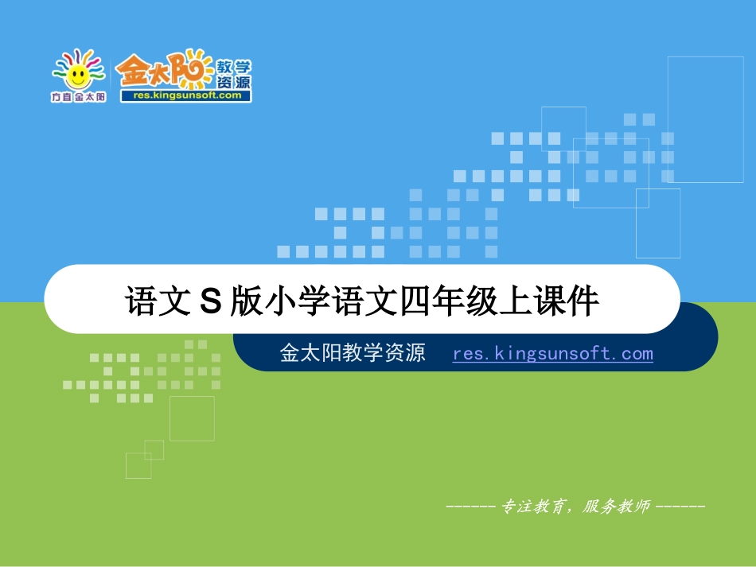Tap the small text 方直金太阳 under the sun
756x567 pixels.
click(78, 97)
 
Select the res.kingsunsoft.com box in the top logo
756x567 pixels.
click(186, 95)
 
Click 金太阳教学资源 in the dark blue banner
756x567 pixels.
click(353, 354)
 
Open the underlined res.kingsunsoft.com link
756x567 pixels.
click(552, 354)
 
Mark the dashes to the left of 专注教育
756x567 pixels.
click(471, 507)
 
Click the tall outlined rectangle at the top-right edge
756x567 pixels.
click(694, 119)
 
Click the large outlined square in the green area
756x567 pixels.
click(192, 418)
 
